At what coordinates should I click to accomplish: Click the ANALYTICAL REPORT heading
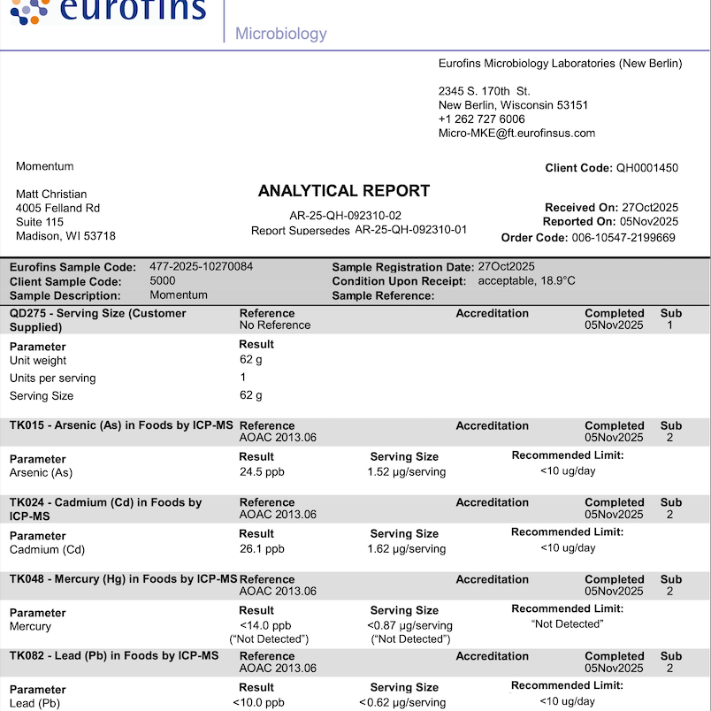point(344,191)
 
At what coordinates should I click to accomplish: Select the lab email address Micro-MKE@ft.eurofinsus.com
point(516,134)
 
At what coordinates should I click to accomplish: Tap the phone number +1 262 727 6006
point(481,119)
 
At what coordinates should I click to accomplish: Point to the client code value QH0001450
point(647,168)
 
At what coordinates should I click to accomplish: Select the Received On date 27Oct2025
point(650,208)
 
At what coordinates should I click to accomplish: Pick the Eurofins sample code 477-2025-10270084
point(201,267)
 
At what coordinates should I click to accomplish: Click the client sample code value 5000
point(163,281)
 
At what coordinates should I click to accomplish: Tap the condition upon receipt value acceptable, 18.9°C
point(526,281)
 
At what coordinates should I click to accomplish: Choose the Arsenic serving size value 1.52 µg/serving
point(406,472)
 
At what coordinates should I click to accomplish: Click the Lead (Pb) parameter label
point(34,703)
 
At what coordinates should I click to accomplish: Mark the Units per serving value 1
point(243,378)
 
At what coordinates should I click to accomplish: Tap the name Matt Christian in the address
point(51,195)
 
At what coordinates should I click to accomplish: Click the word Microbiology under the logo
point(280,34)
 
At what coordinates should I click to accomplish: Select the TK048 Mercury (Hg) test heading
point(123,579)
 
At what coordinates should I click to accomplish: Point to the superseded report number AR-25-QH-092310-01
point(410,230)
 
